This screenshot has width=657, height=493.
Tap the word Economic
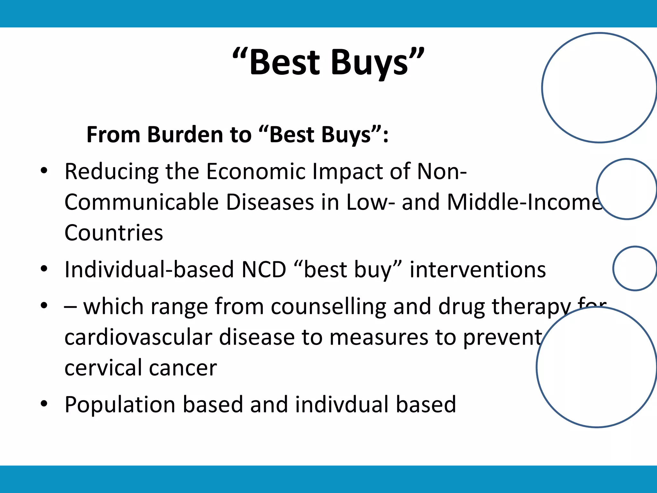(256, 171)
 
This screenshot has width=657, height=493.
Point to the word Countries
(114, 233)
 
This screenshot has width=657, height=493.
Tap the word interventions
(478, 270)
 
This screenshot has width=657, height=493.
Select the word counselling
(328, 307)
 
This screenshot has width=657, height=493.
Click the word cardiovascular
(138, 337)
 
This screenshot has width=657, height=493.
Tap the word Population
(120, 404)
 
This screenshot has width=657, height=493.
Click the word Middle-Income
(525, 202)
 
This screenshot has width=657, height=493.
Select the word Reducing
(111, 171)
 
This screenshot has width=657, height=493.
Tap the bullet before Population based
(44, 403)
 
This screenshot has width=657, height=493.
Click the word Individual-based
(149, 270)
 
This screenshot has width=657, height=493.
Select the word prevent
(502, 337)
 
